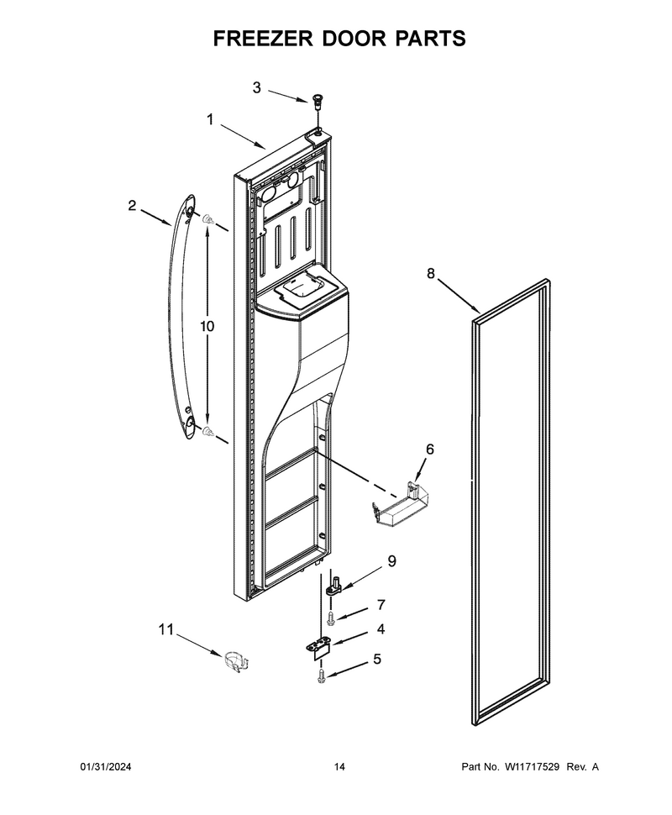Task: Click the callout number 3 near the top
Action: pos(256,88)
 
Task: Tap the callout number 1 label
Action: pos(210,120)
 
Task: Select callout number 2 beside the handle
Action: pos(132,205)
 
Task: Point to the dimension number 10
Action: pos(207,326)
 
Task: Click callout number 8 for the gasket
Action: pos(431,273)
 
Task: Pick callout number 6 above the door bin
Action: pos(430,449)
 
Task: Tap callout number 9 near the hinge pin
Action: pos(391,560)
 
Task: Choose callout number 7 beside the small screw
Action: pos(381,604)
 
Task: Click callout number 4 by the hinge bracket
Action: pos(381,629)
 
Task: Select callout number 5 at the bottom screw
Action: pos(377,659)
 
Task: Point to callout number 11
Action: pos(165,630)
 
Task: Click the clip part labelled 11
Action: pos(237,660)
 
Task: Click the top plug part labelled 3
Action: pos(317,100)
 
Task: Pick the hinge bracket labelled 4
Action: pos(318,648)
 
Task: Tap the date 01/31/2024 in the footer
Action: pos(106,766)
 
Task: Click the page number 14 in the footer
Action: pos(339,766)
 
